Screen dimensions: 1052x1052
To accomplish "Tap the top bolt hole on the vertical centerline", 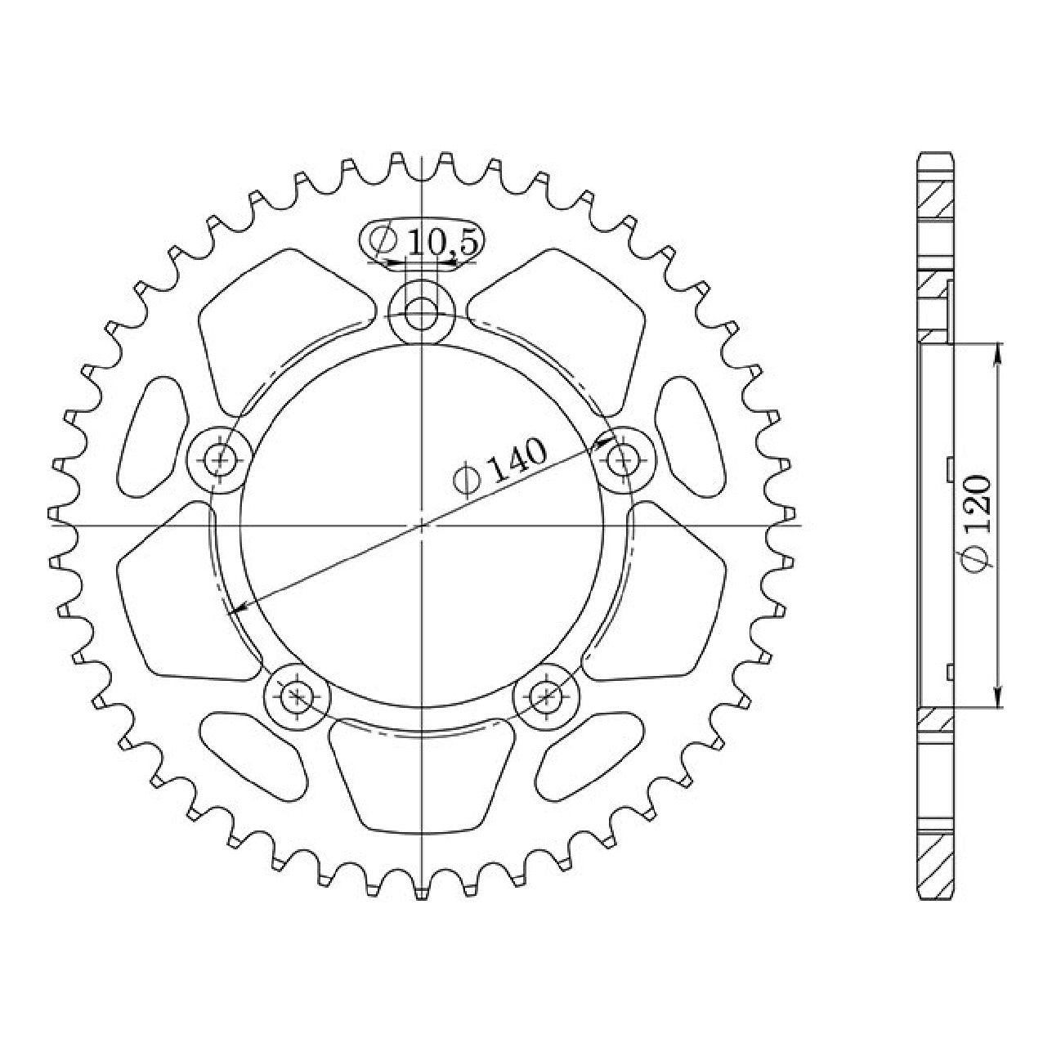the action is click(x=422, y=314).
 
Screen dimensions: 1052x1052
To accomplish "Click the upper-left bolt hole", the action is click(x=219, y=459).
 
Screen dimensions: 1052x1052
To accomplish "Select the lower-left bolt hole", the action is click(x=297, y=696).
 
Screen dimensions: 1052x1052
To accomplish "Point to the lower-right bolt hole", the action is click(x=546, y=696).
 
